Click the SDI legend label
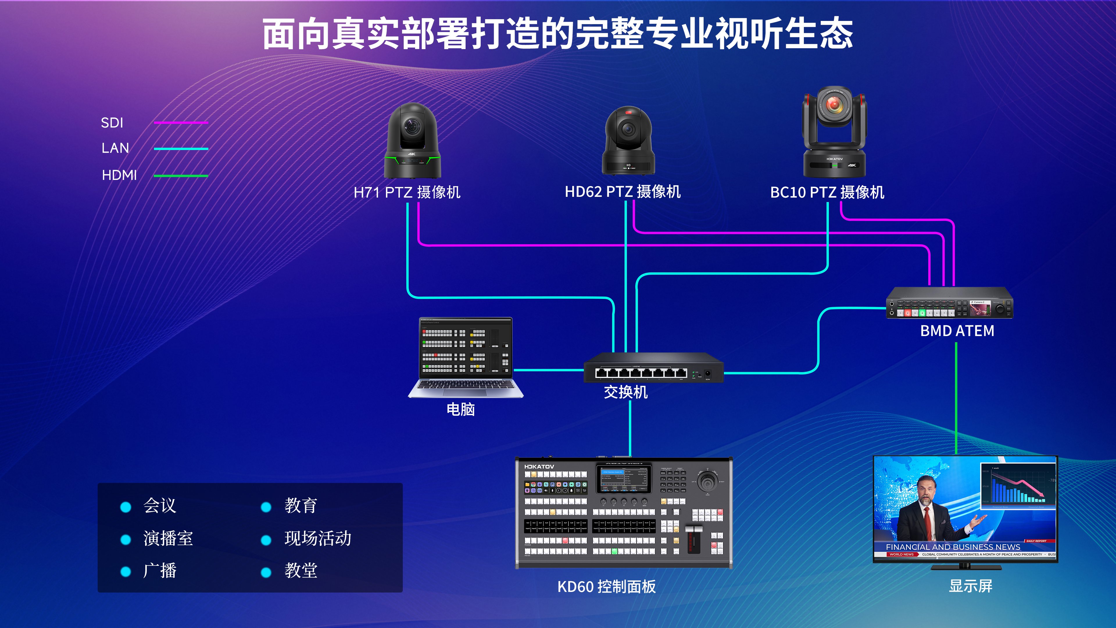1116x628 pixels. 112,123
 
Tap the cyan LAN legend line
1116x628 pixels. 181,149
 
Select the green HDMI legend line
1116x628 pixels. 181,176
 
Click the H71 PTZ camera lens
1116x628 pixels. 411,126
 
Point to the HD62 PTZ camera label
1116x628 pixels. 623,192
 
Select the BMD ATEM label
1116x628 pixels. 957,331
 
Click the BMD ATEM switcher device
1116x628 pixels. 949,303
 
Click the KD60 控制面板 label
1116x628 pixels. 607,586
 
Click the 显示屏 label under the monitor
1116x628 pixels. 970,586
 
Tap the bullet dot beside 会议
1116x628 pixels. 126,507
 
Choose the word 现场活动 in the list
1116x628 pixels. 318,538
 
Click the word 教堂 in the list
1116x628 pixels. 301,570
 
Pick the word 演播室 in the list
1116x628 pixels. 168,538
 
